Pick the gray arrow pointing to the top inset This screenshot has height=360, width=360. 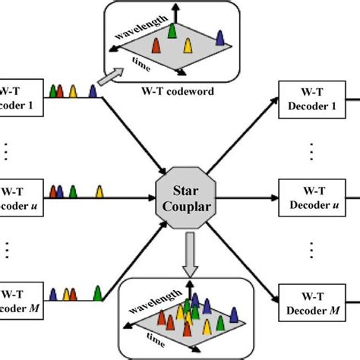111,77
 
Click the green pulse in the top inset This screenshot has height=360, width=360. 172,30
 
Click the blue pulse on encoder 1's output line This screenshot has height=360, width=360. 93,92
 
